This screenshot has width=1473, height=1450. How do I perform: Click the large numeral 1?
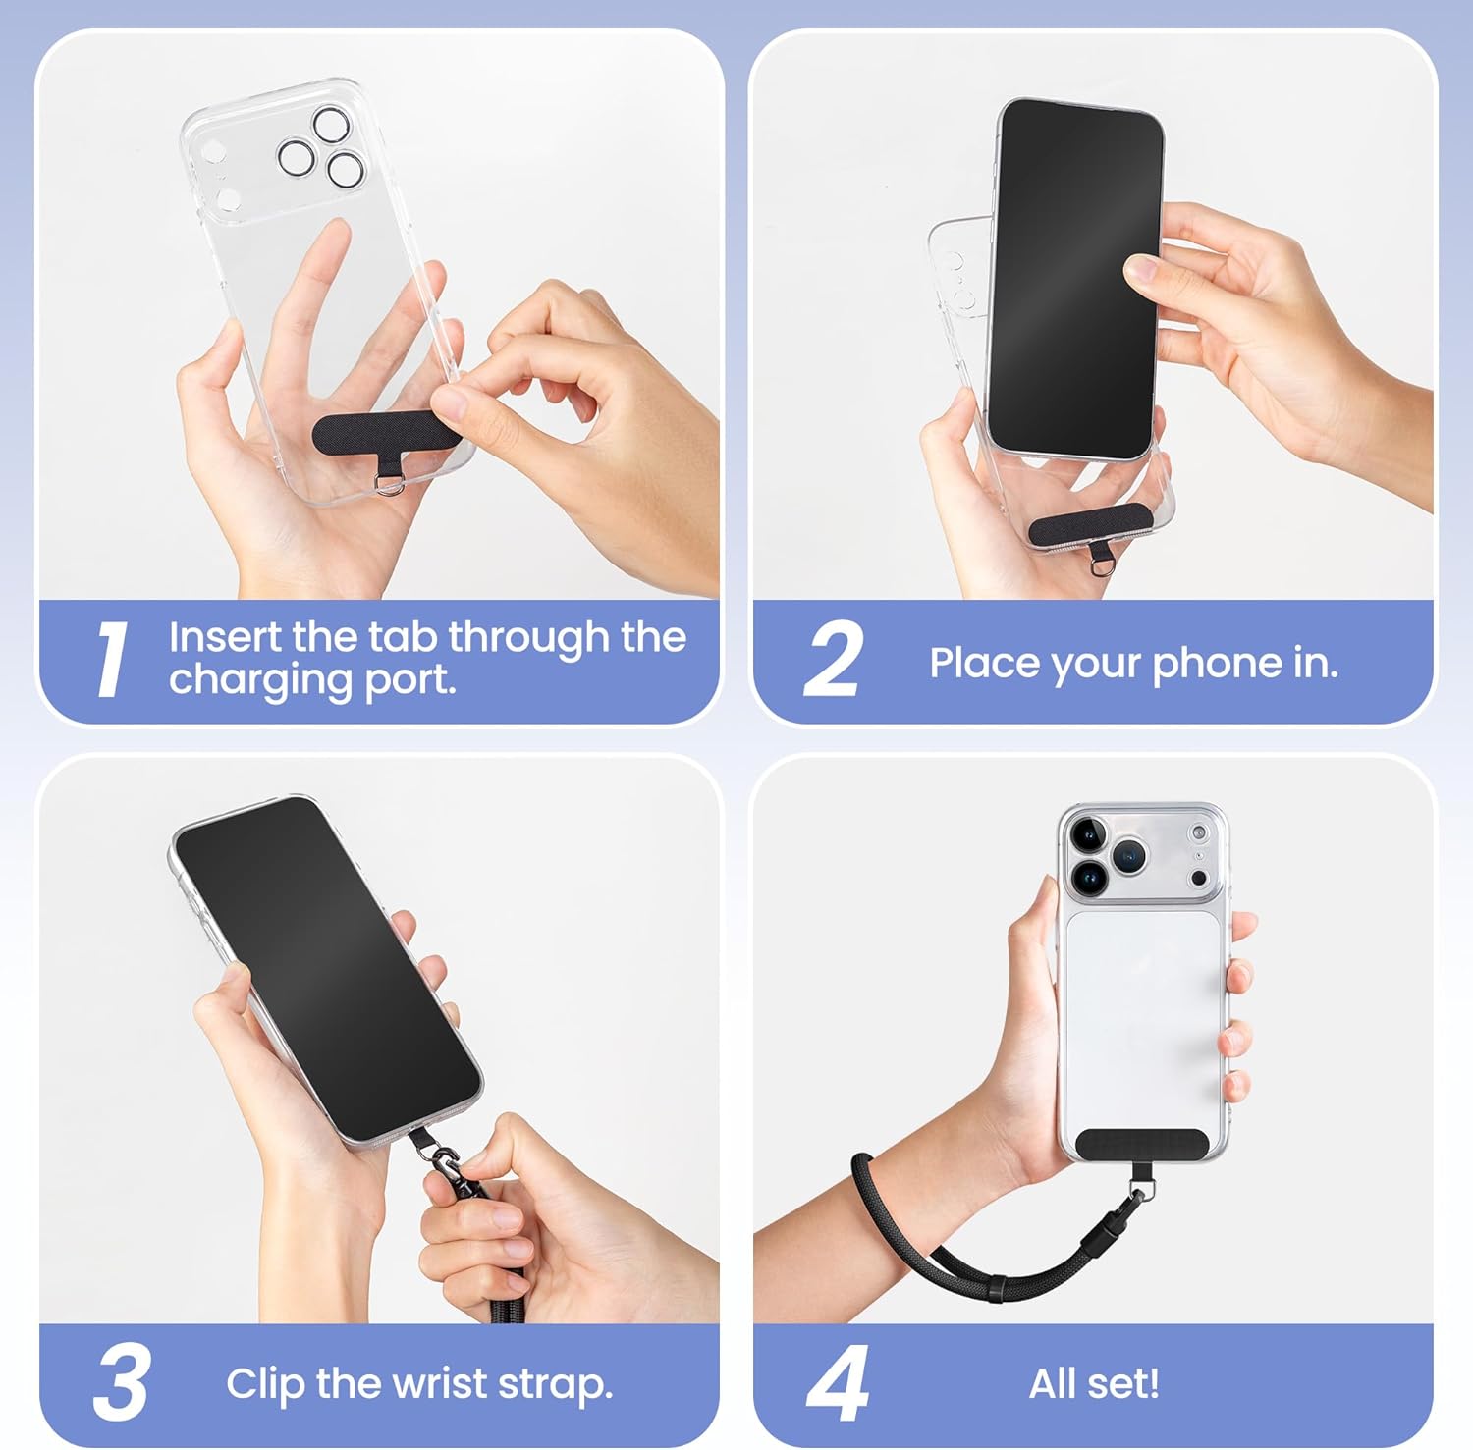[x=113, y=661]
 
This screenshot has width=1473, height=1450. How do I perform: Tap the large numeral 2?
[x=834, y=659]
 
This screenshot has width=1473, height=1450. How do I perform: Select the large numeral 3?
[x=122, y=1382]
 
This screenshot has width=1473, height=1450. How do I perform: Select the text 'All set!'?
[x=1094, y=1383]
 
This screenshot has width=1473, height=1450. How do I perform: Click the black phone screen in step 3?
[x=327, y=969]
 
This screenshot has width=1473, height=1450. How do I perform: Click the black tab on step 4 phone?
[x=1142, y=1144]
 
